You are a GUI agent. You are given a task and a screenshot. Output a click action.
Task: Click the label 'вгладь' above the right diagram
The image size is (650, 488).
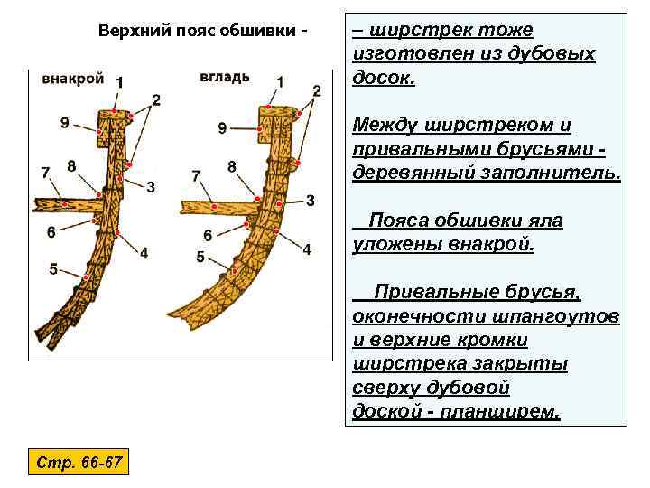[x=225, y=76]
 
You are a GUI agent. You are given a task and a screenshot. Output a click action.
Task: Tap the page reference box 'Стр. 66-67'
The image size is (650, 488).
[x=79, y=464]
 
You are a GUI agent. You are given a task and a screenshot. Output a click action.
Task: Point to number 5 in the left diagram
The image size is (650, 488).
[x=53, y=268]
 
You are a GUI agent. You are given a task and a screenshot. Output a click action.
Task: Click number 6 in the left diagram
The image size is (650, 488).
[x=51, y=232]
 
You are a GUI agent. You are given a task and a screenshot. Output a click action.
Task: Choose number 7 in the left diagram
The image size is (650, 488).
[x=45, y=172]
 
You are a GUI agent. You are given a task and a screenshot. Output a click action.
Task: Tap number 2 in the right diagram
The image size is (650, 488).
[x=316, y=90]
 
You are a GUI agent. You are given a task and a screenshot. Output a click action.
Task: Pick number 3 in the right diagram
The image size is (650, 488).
[x=310, y=200]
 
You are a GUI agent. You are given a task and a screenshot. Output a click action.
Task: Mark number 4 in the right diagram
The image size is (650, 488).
[x=307, y=249]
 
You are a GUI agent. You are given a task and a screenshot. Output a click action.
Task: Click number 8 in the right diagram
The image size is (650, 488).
[x=232, y=166]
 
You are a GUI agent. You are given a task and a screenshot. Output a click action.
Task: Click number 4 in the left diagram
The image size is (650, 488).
[x=144, y=253]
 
